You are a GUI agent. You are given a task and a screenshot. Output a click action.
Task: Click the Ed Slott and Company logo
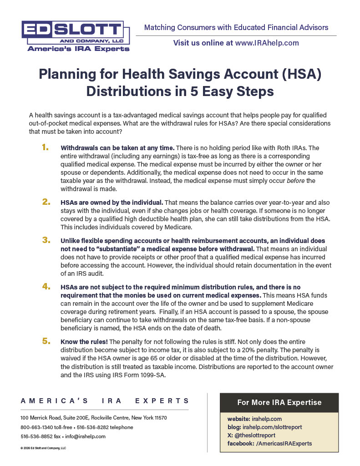coord(76,35)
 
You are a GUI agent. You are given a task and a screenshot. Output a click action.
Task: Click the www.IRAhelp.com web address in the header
coord(267,43)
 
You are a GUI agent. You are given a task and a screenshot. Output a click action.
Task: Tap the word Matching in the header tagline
coord(160,28)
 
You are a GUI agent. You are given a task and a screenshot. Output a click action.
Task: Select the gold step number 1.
coord(45,147)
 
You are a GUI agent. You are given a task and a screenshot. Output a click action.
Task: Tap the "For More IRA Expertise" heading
coord(279,402)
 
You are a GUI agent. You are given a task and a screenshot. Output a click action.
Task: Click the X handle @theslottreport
coord(256,435)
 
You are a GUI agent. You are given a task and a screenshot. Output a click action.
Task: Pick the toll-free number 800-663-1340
coord(36,427)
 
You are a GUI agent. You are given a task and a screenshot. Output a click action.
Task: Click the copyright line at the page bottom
coord(43,448)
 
